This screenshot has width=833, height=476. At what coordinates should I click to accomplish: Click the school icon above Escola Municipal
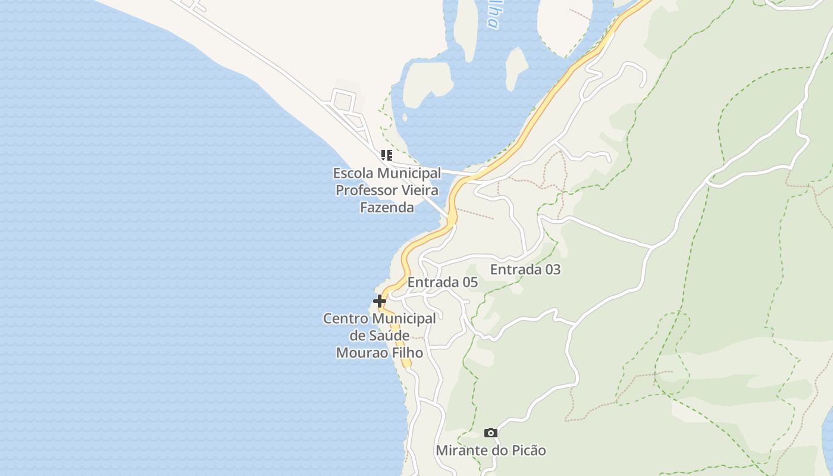tap(387, 156)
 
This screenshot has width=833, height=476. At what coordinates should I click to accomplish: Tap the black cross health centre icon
tap(380, 301)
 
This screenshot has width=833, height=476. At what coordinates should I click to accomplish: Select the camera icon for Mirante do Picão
tap(491, 433)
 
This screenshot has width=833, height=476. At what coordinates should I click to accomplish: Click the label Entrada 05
tap(443, 282)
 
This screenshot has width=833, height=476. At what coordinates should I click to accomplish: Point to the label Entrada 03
tap(525, 270)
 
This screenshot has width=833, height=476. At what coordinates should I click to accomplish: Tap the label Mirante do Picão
tap(491, 450)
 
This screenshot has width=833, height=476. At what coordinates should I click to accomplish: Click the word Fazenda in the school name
tap(387, 208)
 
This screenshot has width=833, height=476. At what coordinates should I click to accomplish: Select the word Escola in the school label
tap(353, 173)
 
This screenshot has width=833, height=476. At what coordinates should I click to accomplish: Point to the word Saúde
tap(397, 336)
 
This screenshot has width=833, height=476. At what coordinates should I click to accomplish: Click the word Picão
tap(526, 450)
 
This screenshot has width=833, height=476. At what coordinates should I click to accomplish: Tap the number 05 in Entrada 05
tap(469, 282)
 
